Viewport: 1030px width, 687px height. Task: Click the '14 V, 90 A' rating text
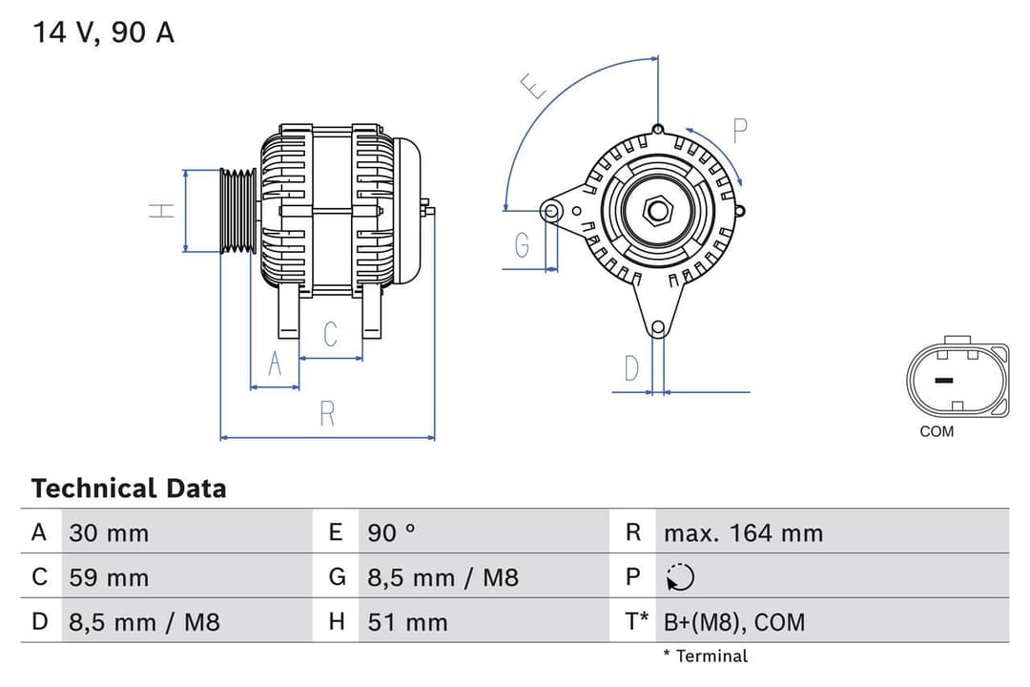coord(104,32)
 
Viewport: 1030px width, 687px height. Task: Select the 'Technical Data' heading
coord(129,489)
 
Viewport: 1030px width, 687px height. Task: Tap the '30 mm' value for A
coord(109,532)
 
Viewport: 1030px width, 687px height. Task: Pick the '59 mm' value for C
coord(109,577)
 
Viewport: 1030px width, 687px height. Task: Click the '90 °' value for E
coord(391,532)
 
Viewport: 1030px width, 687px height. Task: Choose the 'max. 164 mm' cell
coord(743,532)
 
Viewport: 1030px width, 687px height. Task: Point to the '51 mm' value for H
coord(407,622)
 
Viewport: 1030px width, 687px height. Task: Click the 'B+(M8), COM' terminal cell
coord(734,622)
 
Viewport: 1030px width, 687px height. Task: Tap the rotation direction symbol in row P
coord(681,577)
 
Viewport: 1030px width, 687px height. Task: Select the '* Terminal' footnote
coord(706,656)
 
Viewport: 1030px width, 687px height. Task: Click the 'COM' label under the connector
coord(937,431)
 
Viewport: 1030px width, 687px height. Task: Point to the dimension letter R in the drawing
coord(327,413)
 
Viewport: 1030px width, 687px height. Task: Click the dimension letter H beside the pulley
coord(164,211)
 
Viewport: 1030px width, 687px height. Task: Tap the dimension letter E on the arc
coord(534,87)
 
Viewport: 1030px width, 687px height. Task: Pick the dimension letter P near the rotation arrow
coord(740,131)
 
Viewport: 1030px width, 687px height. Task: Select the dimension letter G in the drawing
coord(522,245)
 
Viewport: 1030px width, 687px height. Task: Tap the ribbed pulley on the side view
coord(238,211)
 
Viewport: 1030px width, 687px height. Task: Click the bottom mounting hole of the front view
coord(657,328)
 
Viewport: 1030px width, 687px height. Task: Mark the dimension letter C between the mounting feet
coord(331,334)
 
